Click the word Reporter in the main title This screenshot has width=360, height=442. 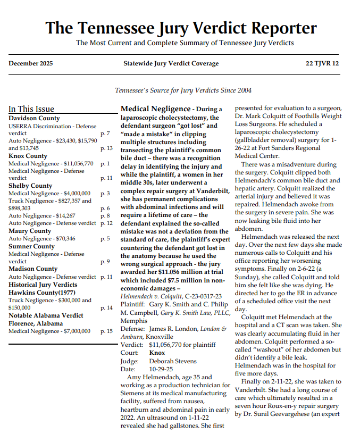(274, 28)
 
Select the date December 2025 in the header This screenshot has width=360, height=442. (31, 64)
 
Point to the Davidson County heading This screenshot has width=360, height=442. (34, 118)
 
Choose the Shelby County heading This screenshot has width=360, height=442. (30, 186)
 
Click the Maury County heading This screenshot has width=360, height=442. (30, 231)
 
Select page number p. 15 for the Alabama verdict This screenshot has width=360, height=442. (106, 331)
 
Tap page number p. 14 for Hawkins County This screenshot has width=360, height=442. (106, 308)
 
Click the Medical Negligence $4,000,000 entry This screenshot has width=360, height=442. (49, 193)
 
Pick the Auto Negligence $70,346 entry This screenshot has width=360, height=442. (42, 239)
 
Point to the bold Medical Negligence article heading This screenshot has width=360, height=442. (155, 109)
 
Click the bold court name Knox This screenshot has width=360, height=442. (157, 353)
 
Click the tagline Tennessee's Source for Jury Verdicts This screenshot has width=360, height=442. (183, 90)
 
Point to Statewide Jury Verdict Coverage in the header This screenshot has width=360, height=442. (171, 64)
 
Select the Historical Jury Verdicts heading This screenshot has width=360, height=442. (43, 285)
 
